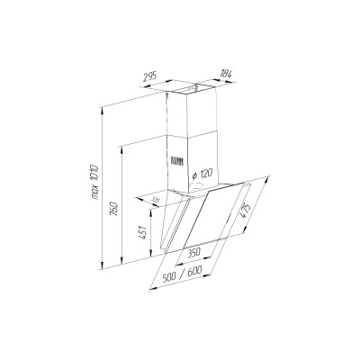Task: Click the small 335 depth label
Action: (x=155, y=201)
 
